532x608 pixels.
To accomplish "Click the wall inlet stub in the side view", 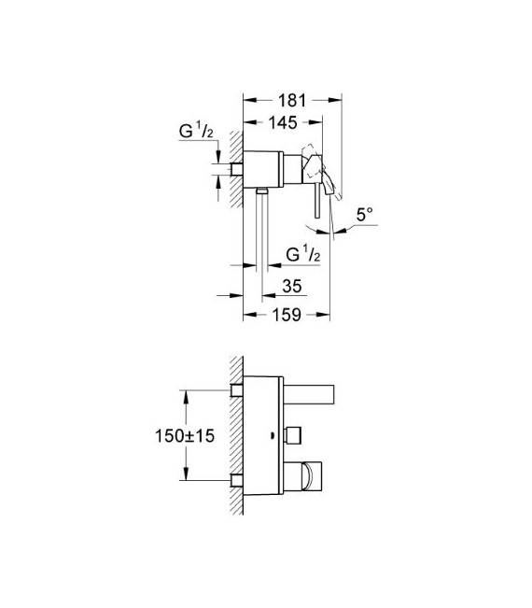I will click(236, 170).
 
